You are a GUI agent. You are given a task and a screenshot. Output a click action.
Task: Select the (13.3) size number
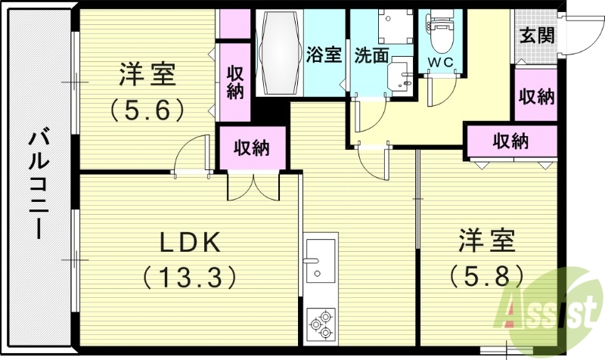189,277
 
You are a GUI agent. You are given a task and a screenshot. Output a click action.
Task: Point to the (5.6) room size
147,110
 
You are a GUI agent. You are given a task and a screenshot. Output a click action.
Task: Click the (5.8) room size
486,273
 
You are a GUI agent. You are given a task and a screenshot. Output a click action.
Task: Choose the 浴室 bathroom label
325,54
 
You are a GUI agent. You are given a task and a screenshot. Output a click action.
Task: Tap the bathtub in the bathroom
279,51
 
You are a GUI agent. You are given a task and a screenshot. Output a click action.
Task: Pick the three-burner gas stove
321,324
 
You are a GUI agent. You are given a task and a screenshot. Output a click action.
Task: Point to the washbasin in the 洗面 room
399,76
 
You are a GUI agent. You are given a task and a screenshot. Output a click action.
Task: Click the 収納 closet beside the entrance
536,96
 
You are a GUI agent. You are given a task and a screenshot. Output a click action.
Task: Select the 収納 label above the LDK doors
252,147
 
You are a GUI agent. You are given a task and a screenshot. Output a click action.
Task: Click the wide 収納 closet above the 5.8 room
510,140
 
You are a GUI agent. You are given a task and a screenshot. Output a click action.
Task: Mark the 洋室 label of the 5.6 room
147,76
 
